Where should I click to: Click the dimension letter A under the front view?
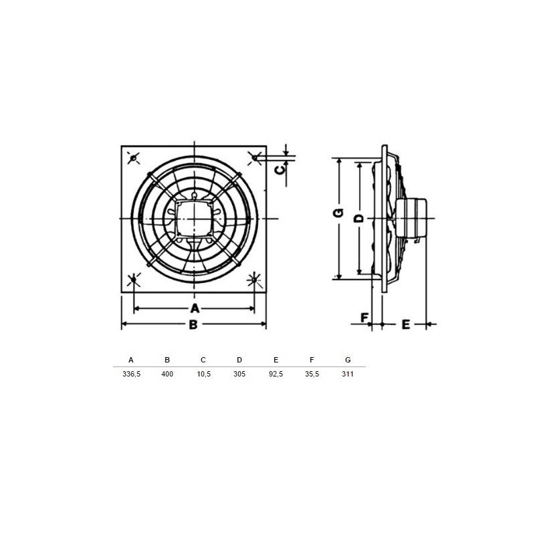coord(195,308)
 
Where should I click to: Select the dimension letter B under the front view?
coord(193,324)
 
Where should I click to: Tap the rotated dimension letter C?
coord(280,170)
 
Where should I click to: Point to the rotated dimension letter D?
coord(358,219)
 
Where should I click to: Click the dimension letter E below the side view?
coord(406,324)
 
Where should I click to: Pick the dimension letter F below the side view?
coord(364,318)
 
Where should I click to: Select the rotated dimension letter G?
coord(338,213)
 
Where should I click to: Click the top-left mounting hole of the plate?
coord(133,158)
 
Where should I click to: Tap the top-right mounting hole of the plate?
coord(255,158)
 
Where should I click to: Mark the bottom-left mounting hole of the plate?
coord(133,280)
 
